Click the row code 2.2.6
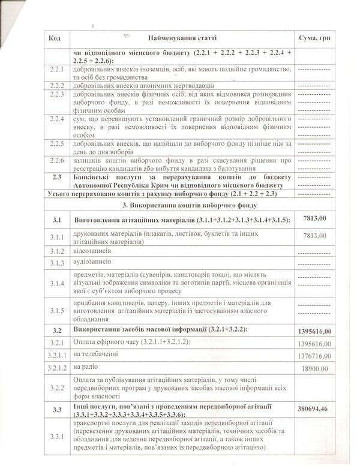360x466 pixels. coord(57,161)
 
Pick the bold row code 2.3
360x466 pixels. coord(57,178)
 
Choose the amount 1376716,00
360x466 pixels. coord(314,356)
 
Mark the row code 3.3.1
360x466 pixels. coord(57,437)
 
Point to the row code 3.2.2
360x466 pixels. coord(57,389)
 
